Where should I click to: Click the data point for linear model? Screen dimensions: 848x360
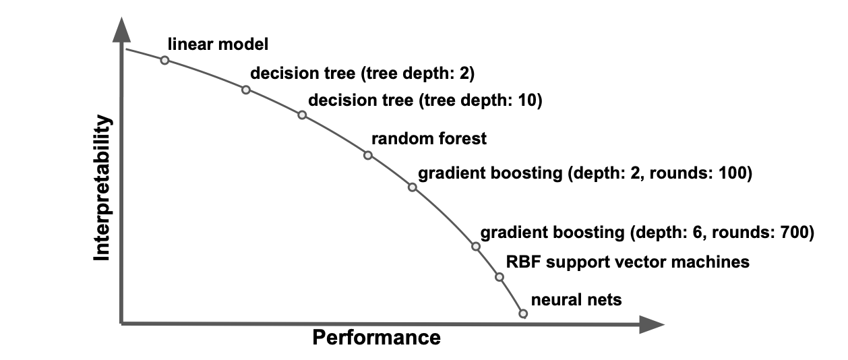pyautogui.click(x=164, y=60)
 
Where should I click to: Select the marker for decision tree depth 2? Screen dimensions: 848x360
pyautogui.click(x=246, y=90)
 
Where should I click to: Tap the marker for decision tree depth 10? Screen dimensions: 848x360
pyautogui.click(x=302, y=115)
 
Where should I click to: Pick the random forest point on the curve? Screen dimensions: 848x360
pyautogui.click(x=368, y=155)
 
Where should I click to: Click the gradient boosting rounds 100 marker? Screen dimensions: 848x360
pyautogui.click(x=413, y=187)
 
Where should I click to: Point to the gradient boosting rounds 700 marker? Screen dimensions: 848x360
pyautogui.click(x=476, y=247)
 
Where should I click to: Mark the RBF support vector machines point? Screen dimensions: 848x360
pyautogui.click(x=499, y=277)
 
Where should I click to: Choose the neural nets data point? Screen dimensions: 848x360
pyautogui.click(x=523, y=313)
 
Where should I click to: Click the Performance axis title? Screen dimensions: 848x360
pyautogui.click(x=377, y=337)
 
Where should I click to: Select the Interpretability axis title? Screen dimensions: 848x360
pyautogui.click(x=102, y=188)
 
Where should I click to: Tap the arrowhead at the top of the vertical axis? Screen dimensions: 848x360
pyautogui.click(x=121, y=30)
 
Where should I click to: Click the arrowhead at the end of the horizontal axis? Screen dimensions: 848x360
pyautogui.click(x=652, y=324)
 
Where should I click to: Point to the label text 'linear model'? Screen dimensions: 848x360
pyautogui.click(x=218, y=44)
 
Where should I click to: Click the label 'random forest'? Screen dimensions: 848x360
pyautogui.click(x=429, y=139)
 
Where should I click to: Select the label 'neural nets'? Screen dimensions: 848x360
pyautogui.click(x=576, y=300)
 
